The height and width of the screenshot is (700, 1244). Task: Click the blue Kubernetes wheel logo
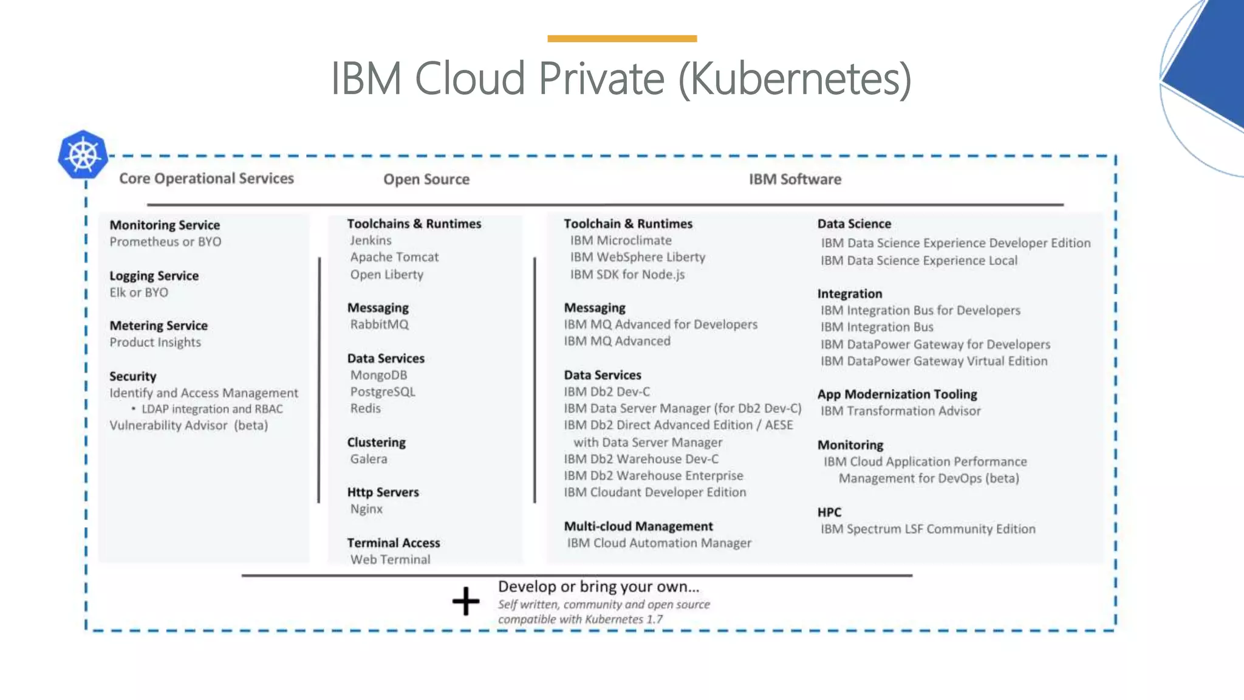[83, 155]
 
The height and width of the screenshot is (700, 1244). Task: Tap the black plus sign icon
[466, 601]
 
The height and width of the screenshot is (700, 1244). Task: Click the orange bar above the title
[622, 39]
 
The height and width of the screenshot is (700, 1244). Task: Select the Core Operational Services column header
[207, 179]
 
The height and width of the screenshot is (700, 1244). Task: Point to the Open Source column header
[426, 179]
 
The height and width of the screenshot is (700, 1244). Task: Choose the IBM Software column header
[795, 179]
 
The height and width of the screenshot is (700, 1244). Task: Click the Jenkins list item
[371, 241]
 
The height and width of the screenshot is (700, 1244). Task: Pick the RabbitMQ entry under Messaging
[379, 324]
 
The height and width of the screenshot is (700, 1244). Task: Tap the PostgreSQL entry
[383, 392]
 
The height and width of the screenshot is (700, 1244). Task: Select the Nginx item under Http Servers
[366, 509]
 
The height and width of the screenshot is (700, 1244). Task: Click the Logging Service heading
[154, 276]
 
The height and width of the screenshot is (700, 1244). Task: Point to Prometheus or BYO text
[165, 242]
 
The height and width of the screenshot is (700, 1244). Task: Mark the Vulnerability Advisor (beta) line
[188, 425]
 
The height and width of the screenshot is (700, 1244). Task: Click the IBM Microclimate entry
[621, 241]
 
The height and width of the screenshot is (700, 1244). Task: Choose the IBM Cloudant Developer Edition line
[655, 492]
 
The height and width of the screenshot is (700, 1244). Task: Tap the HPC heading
[829, 512]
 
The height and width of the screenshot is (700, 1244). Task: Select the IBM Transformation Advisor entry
[900, 411]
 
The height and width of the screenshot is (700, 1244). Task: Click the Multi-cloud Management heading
[638, 526]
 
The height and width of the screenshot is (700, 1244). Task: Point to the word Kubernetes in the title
[796, 79]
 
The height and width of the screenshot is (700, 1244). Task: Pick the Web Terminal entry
[390, 560]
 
